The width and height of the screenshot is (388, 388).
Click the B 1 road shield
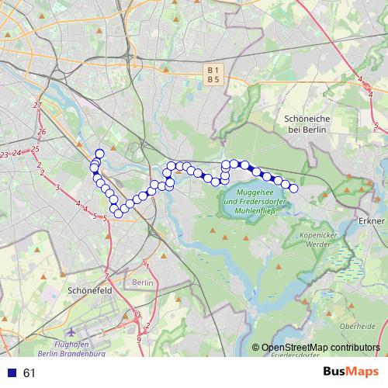pos(213,70)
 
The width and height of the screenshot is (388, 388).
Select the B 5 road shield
pos(213,79)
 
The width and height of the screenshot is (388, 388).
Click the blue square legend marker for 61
pos(10,373)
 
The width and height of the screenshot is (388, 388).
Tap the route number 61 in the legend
pos(29,373)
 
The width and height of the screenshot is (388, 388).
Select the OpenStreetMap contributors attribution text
pos(320,348)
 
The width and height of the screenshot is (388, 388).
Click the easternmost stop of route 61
pos(293,188)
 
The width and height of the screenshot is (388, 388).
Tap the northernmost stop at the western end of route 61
pos(99,153)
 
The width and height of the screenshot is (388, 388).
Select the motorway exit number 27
pos(36,105)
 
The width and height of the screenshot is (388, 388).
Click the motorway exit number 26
pos(41,132)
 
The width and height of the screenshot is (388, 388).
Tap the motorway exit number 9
pos(138,339)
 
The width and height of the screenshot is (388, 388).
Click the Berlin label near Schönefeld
pos(143,283)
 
